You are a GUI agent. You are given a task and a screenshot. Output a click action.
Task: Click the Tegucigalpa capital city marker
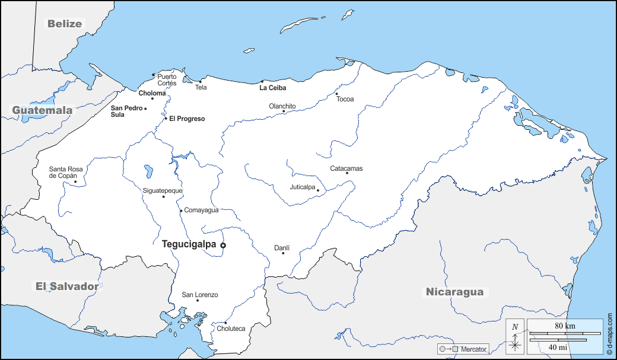click(223, 245)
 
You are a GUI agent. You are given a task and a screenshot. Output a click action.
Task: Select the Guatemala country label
click(43, 110)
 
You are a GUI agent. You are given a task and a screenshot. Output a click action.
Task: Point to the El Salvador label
click(66, 286)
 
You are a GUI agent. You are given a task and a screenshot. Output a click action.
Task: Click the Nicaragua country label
click(454, 292)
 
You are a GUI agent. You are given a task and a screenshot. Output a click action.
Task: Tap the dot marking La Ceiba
click(262, 82)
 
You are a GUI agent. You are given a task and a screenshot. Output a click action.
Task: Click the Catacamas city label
click(346, 168)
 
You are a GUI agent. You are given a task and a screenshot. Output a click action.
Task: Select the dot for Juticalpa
click(318, 190)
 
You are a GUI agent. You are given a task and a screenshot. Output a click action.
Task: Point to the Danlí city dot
click(283, 253)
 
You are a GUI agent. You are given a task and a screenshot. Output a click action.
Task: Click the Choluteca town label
click(231, 329)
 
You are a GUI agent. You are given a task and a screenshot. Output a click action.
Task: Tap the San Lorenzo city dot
click(198, 301)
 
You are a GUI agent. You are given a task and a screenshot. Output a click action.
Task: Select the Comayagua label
click(202, 210)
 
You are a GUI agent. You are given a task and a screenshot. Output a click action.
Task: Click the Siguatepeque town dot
click(164, 197)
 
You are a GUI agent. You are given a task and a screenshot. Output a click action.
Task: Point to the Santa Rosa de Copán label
click(66, 172)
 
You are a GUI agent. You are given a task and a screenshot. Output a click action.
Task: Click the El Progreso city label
click(187, 119)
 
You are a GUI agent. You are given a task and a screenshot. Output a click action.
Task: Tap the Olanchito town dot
click(284, 111)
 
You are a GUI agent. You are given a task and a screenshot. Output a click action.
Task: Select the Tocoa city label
click(345, 99)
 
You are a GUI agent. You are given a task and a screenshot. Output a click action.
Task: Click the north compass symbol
click(515, 336)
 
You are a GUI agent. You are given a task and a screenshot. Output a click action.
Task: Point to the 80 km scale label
click(565, 326)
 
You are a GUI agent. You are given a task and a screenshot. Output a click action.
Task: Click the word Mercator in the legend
click(473, 349)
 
